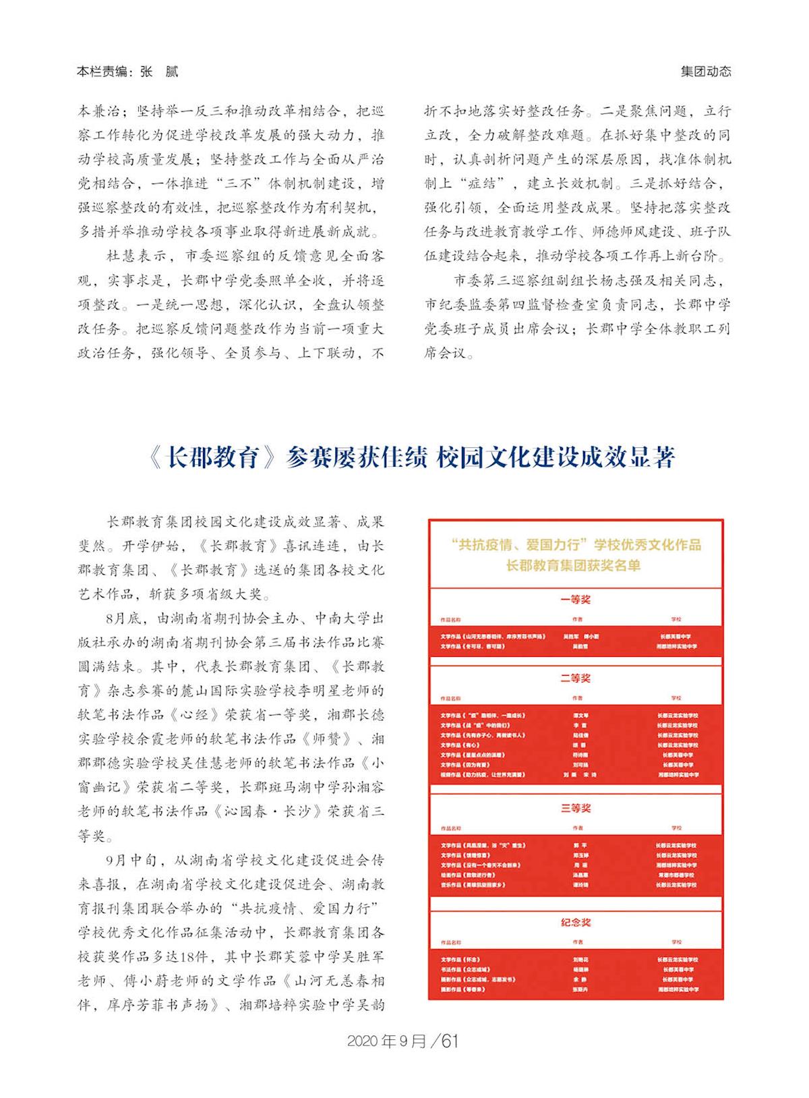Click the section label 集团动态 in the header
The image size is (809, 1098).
[705, 71]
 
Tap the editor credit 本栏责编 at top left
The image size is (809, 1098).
[103, 71]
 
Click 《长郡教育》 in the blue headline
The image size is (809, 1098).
[212, 458]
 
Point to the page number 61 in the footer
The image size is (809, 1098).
[450, 1041]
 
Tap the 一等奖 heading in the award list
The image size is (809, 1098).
[575, 599]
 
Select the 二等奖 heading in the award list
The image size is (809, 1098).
[575, 678]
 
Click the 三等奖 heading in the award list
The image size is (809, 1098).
[575, 808]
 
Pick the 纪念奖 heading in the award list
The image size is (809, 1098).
[575, 922]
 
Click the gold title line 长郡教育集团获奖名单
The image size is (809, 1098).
[573, 566]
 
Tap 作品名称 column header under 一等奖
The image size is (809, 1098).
[451, 619]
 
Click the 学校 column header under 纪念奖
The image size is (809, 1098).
[676, 942]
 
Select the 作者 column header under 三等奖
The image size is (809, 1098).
[577, 828]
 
